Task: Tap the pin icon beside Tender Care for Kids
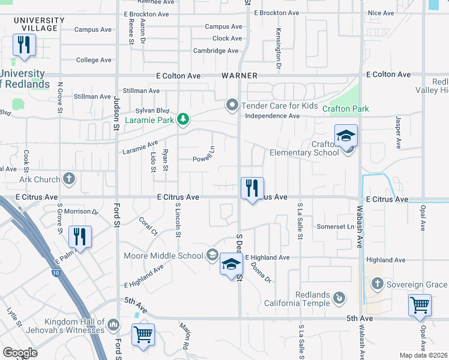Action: (233, 106)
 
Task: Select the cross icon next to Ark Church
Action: (70, 179)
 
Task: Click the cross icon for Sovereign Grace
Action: (376, 284)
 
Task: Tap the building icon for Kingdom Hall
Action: (113, 326)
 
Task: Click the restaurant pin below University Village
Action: (24, 46)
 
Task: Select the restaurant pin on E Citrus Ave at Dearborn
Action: (252, 188)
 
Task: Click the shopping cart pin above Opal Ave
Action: (420, 304)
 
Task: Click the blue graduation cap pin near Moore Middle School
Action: (231, 265)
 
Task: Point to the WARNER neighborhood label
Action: (239, 76)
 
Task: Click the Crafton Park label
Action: (345, 109)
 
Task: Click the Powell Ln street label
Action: (203, 159)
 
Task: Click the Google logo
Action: (20, 353)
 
